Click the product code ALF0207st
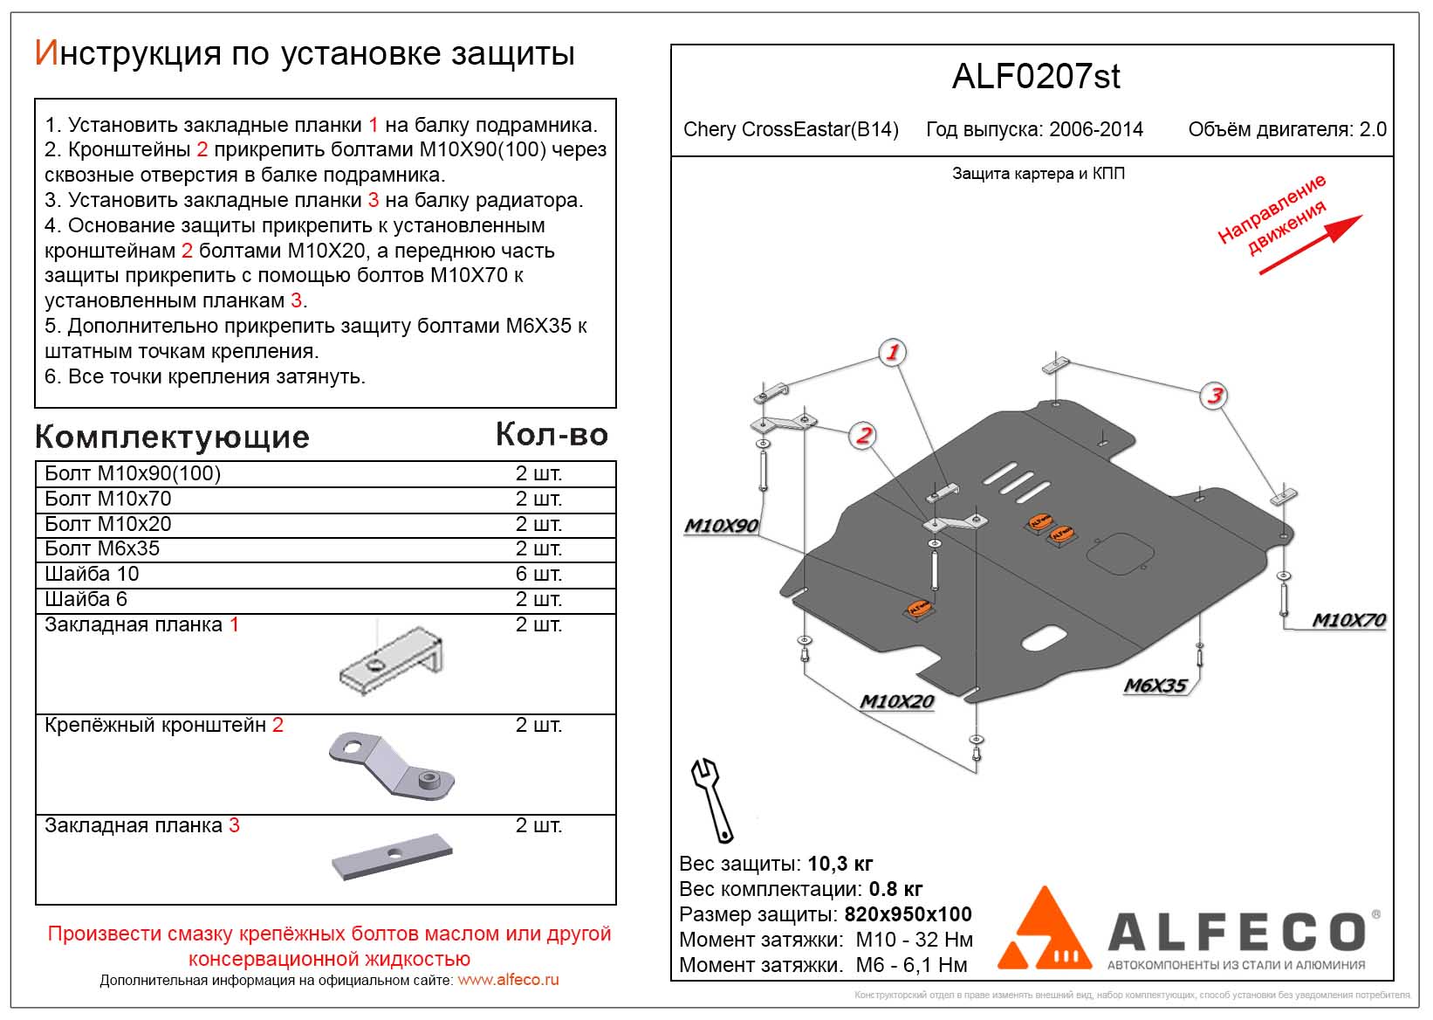1035,77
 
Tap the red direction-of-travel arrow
1309,245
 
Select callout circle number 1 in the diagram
892,353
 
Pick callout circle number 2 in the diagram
863,435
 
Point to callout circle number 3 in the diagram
1214,396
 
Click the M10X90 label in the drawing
721,526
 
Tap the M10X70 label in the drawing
1348,620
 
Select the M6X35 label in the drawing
1155,686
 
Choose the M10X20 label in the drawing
896,701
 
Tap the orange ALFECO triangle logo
1045,931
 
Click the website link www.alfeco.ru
508,980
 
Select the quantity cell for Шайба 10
538,574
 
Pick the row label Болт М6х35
102,548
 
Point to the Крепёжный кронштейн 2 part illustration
391,764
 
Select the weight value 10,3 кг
840,865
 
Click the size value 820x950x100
908,914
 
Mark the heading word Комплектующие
172,437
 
